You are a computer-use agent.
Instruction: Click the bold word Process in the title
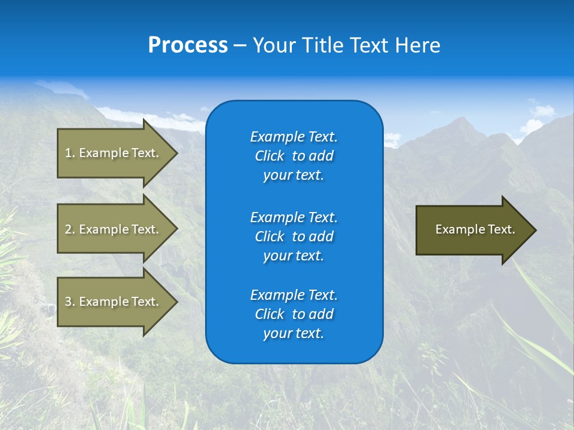coord(188,45)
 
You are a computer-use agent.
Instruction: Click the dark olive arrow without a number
coord(472,230)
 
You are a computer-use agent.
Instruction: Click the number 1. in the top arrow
coord(70,153)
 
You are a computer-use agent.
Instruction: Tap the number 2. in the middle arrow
coord(70,229)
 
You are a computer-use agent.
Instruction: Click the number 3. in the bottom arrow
coord(70,302)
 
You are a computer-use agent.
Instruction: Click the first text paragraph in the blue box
coord(294,156)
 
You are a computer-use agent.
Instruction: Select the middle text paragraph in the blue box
coord(294,236)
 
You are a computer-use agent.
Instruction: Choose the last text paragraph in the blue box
coord(294,314)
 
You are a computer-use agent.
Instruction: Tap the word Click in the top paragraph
coord(270,156)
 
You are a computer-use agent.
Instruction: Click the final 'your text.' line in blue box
coord(294,334)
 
